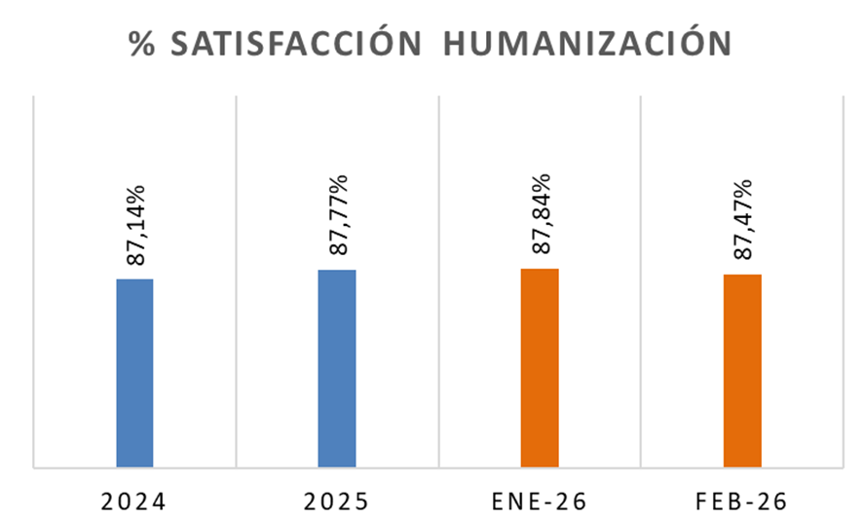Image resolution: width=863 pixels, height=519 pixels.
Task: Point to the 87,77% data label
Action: click(339, 215)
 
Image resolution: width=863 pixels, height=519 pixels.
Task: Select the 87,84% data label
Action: click(541, 213)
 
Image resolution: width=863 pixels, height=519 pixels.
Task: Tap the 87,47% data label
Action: click(743, 219)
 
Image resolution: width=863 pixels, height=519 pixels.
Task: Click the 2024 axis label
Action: click(134, 502)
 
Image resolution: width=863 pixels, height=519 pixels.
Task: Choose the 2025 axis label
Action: click(336, 502)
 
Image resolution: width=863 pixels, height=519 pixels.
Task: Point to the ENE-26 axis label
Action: click(539, 502)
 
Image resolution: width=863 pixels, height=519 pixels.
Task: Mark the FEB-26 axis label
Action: click(742, 502)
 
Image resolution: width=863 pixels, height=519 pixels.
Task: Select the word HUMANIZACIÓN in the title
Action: click(587, 45)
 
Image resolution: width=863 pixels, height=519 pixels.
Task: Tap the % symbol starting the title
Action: click(142, 45)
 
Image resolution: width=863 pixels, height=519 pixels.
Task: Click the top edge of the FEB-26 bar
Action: click(742, 276)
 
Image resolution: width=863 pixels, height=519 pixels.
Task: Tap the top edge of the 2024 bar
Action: click(134, 279)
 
